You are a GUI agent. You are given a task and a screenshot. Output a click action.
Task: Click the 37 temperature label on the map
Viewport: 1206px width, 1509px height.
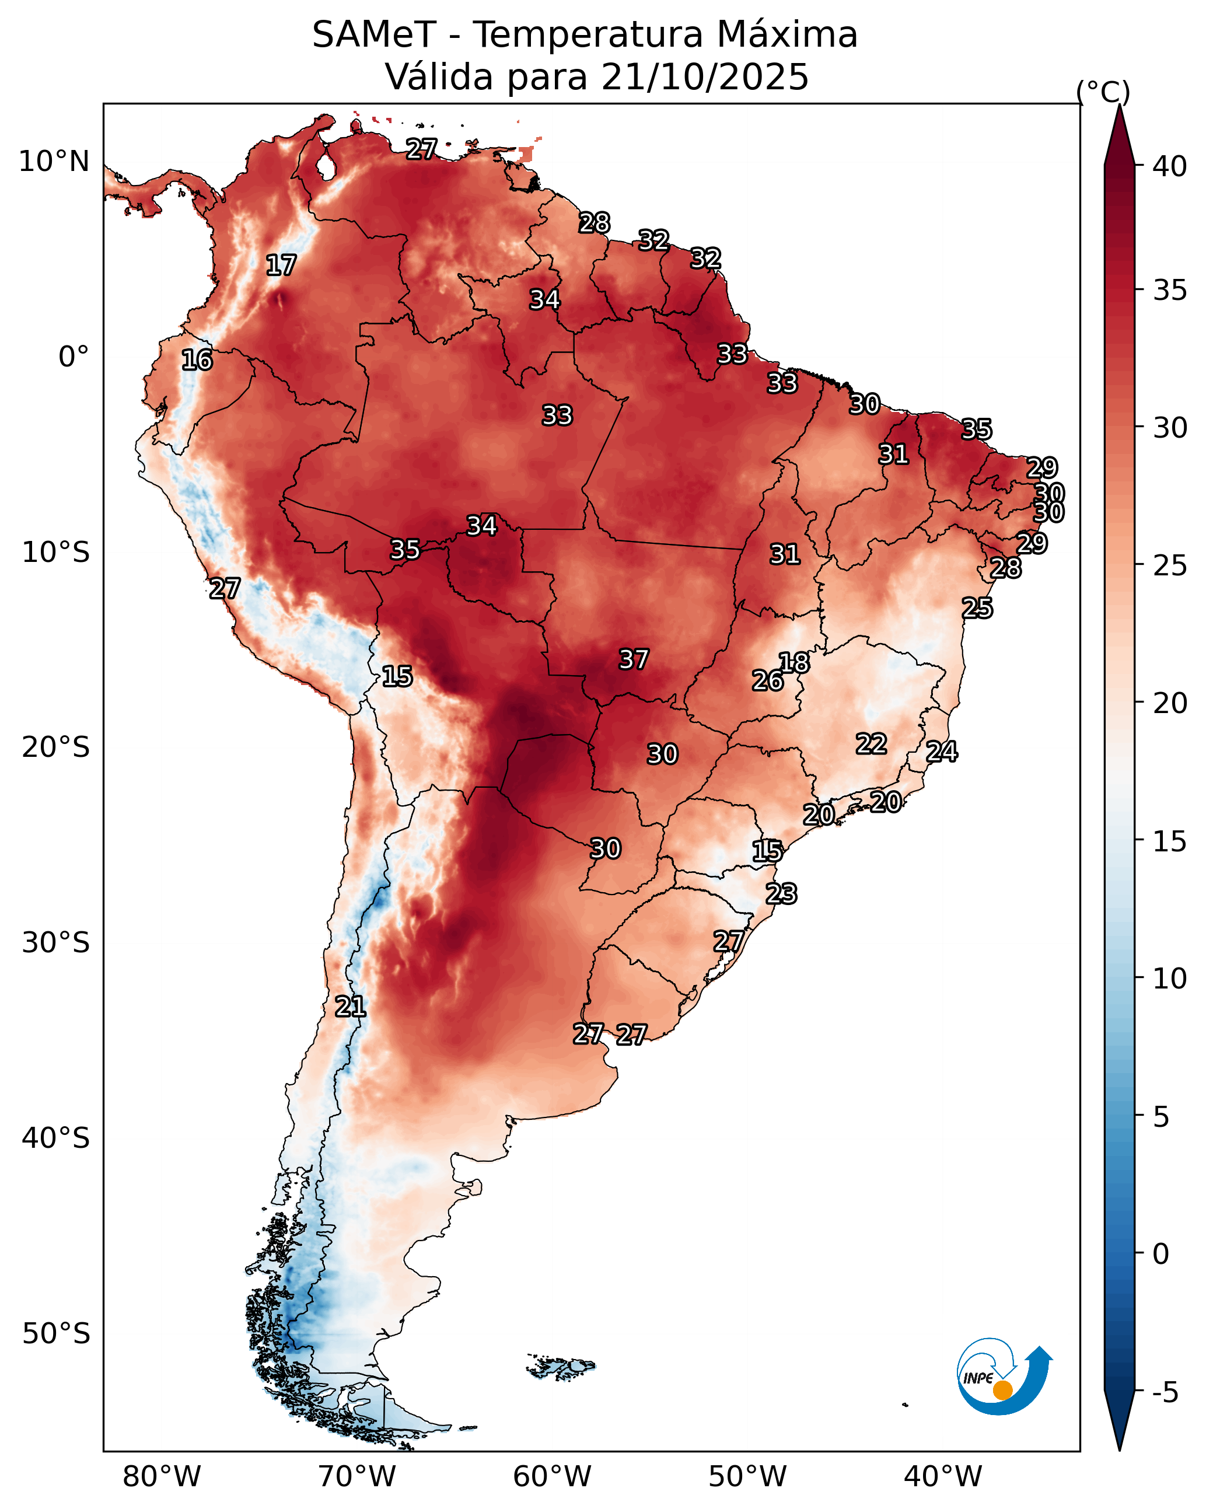634,659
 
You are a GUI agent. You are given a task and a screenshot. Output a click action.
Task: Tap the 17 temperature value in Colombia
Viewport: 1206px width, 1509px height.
281,266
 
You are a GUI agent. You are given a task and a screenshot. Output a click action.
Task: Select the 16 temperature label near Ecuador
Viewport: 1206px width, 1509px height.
197,361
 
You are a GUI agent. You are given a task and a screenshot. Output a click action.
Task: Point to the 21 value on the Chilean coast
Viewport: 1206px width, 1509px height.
350,1007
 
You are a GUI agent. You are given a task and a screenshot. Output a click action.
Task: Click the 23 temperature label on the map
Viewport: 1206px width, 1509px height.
781,894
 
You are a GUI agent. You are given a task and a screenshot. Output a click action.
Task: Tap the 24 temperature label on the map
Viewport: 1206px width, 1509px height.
942,752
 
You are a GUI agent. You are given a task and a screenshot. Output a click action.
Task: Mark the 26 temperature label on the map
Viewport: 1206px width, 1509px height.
767,681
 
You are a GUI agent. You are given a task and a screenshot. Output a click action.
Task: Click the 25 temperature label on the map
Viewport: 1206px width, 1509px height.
977,608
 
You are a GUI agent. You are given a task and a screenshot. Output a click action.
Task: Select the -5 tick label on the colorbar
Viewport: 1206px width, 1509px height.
1165,1393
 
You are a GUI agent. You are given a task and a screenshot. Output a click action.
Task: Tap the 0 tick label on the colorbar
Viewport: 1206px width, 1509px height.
1160,1253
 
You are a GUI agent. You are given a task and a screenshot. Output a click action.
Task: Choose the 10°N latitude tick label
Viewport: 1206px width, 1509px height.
54,162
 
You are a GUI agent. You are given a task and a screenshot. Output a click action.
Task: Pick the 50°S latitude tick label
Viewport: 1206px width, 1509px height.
56,1334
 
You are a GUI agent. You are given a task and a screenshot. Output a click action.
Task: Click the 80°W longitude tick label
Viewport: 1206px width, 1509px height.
162,1477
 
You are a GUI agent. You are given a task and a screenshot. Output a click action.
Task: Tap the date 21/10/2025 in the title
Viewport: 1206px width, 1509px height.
705,77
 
